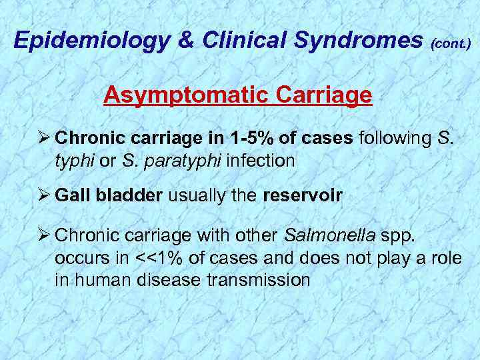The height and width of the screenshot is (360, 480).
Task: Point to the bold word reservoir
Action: tap(303, 196)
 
